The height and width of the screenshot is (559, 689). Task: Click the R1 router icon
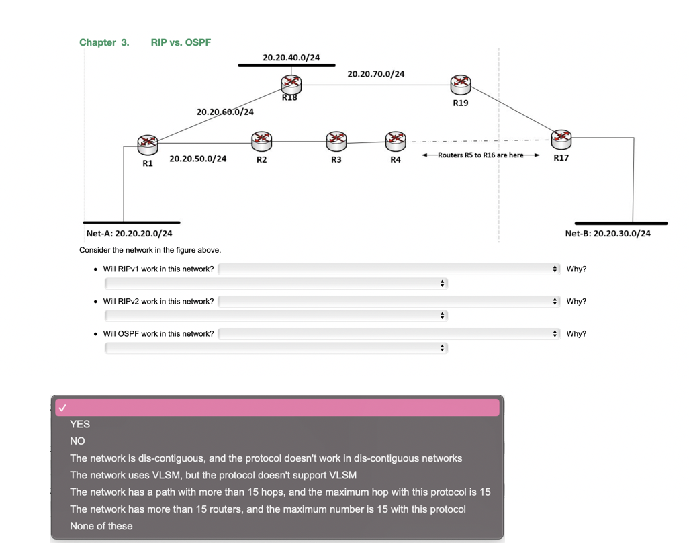[147, 143]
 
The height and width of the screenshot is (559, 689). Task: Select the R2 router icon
[261, 140]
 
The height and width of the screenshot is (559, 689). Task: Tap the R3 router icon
[336, 140]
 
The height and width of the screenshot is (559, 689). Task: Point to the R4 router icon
[396, 140]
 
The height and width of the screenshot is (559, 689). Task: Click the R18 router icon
[291, 84]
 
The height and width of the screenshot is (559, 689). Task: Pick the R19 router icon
[460, 85]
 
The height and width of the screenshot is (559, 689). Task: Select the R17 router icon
[561, 139]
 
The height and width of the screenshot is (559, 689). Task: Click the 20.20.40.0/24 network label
[291, 58]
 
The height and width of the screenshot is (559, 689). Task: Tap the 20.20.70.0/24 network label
[375, 74]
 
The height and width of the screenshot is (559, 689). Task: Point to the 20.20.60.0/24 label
[225, 112]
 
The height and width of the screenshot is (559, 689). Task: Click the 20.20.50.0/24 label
[197, 159]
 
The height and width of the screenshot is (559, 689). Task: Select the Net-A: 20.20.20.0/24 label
[129, 234]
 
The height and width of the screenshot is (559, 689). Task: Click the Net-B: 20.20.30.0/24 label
[607, 234]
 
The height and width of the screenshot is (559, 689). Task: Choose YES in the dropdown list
[80, 424]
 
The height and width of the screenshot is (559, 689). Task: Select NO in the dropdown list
[78, 441]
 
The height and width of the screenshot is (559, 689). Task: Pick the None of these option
[101, 526]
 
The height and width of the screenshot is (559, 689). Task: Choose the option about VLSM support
[213, 475]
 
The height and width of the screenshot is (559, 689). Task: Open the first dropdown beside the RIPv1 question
[388, 269]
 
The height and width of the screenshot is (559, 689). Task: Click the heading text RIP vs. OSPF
[181, 42]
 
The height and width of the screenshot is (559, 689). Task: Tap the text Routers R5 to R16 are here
[480, 155]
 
